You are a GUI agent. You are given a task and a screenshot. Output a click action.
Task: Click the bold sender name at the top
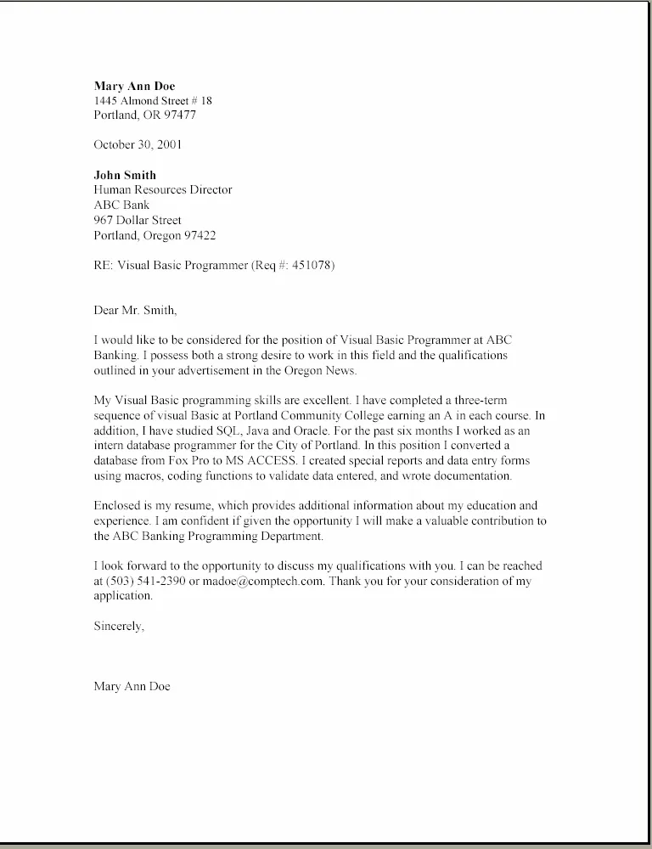click(134, 86)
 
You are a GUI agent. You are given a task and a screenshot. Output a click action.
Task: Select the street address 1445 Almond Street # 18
click(153, 100)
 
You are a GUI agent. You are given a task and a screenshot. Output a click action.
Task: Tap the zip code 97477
click(180, 115)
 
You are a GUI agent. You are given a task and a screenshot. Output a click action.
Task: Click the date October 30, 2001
click(138, 144)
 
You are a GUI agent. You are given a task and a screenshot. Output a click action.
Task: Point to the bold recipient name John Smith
click(125, 175)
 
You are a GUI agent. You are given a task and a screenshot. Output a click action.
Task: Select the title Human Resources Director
click(162, 189)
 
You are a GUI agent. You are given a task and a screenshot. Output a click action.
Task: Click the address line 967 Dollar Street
click(138, 220)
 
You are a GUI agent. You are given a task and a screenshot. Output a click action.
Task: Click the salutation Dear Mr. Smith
click(136, 310)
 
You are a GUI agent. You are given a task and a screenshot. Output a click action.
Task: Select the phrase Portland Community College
click(295, 416)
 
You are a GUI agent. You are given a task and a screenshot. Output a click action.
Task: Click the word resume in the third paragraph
click(185, 506)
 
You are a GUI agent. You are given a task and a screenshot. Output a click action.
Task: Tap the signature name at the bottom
click(132, 686)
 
